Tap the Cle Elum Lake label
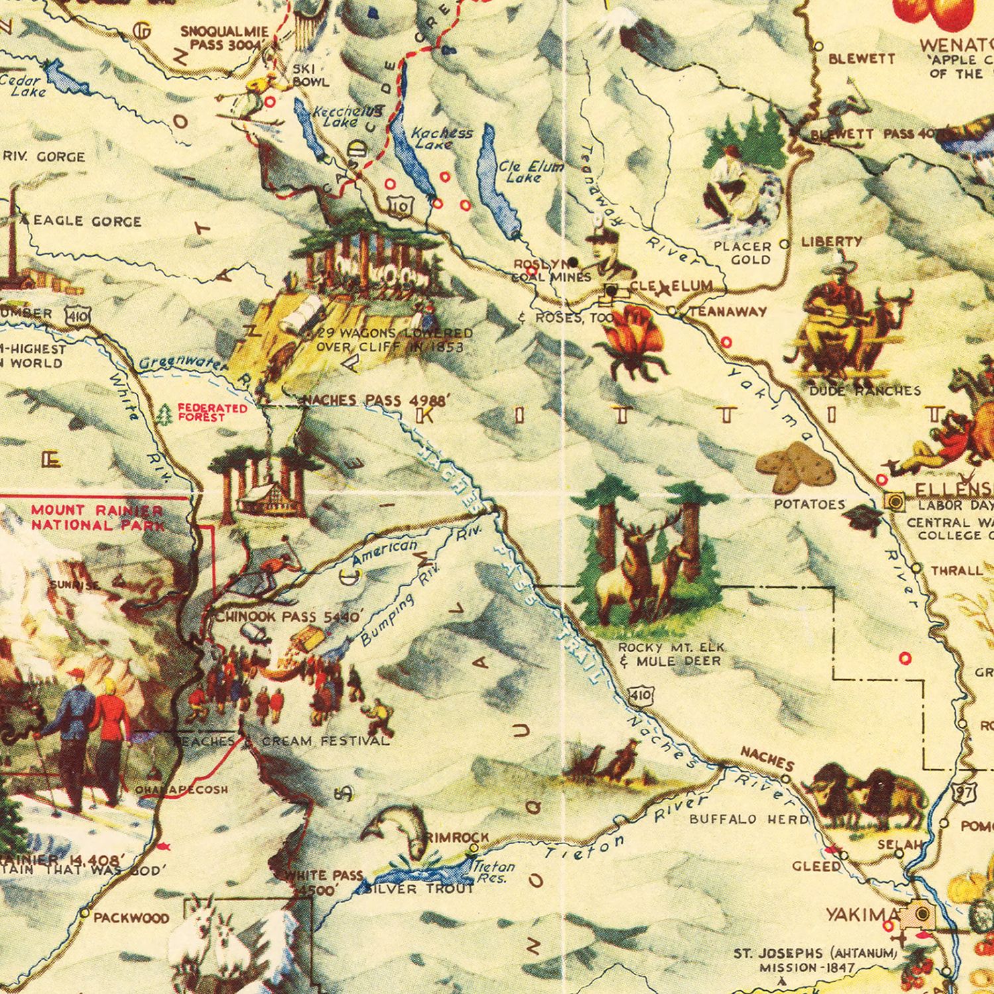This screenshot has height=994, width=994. click(530, 172)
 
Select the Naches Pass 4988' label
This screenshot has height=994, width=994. click(377, 400)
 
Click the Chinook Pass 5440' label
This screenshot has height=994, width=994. click(290, 616)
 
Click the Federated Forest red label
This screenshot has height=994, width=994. click(211, 412)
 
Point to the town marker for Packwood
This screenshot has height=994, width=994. click(85, 912)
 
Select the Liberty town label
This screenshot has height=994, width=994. click(832, 242)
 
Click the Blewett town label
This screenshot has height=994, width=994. click(861, 59)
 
